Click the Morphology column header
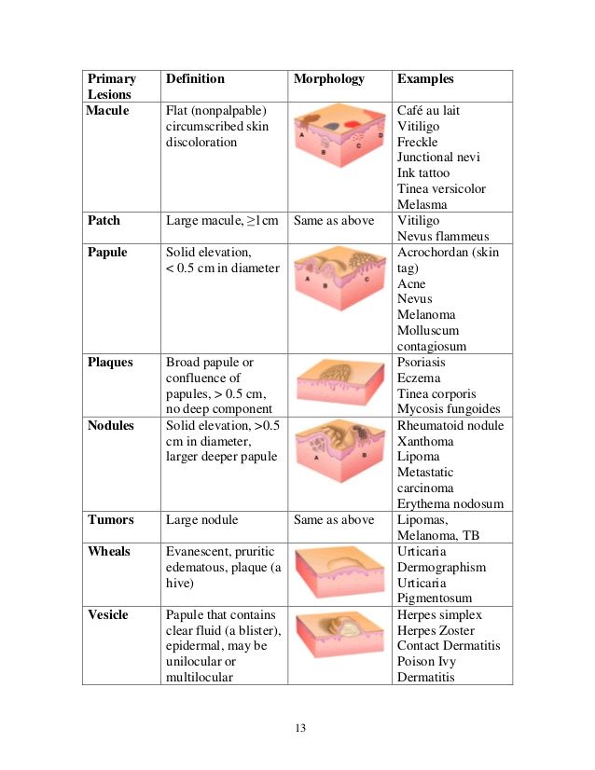coord(328,79)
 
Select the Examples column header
coord(424,79)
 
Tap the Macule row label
coord(107,111)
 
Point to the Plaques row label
coord(110,362)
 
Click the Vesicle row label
coord(108,615)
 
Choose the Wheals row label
coord(109,551)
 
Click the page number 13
coord(298,728)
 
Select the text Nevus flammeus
coord(443,237)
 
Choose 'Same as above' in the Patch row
coord(333,221)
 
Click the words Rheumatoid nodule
coord(450,425)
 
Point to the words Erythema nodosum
coord(450,504)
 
